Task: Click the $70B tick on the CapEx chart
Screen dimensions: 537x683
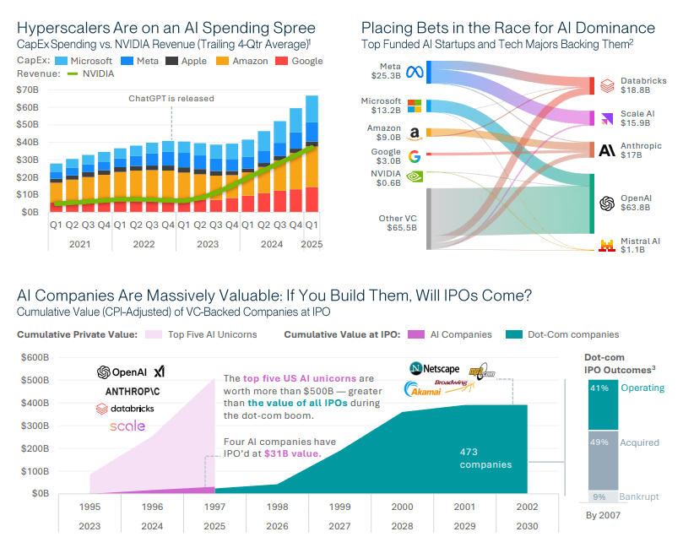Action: [x=27, y=89]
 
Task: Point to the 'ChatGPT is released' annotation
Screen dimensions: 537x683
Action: [x=171, y=98]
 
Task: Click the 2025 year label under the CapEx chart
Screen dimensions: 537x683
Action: [x=311, y=244]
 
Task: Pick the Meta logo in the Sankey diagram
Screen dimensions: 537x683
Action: [x=414, y=72]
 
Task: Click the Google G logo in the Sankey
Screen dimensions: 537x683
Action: [x=414, y=156]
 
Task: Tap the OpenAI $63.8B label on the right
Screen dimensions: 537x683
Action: [x=636, y=202]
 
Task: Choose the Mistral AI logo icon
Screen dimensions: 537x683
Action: [x=605, y=246]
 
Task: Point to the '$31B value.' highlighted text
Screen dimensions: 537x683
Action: [x=298, y=454]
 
